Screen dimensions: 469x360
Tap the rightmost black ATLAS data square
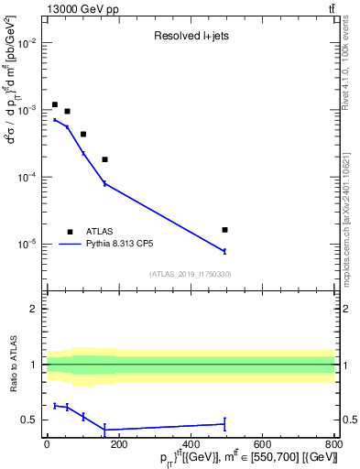[x=224, y=230]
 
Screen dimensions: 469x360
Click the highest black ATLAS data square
[x=55, y=104]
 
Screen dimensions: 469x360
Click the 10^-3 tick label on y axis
[x=27, y=110]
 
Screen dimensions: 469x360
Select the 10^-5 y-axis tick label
[x=27, y=245]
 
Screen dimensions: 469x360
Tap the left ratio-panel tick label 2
[x=34, y=309]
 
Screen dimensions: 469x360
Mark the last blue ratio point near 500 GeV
[x=224, y=423]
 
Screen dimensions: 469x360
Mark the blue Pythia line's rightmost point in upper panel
[x=224, y=251]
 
